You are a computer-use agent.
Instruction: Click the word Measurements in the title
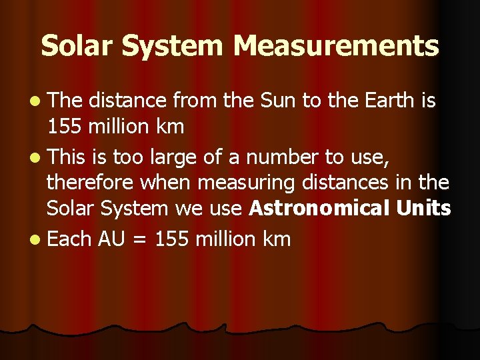[x=337, y=46]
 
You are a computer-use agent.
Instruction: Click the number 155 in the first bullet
[x=63, y=127]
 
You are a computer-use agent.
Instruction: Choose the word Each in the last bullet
[x=69, y=239]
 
